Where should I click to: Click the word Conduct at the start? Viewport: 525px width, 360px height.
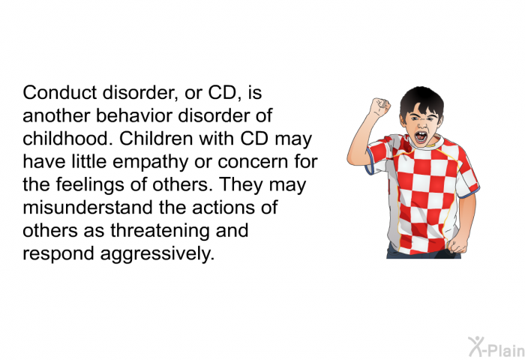[x=60, y=92]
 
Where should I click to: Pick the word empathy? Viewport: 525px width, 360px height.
[x=150, y=163]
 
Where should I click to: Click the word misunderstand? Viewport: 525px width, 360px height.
[x=88, y=207]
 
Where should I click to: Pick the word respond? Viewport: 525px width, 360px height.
[x=58, y=254]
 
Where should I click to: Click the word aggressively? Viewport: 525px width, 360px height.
[x=157, y=254]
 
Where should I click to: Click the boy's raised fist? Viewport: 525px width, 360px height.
[x=380, y=107]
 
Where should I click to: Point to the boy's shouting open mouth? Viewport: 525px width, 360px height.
[x=421, y=137]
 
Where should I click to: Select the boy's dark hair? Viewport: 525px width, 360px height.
[x=421, y=100]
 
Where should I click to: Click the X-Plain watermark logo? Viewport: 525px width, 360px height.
[x=496, y=347]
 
